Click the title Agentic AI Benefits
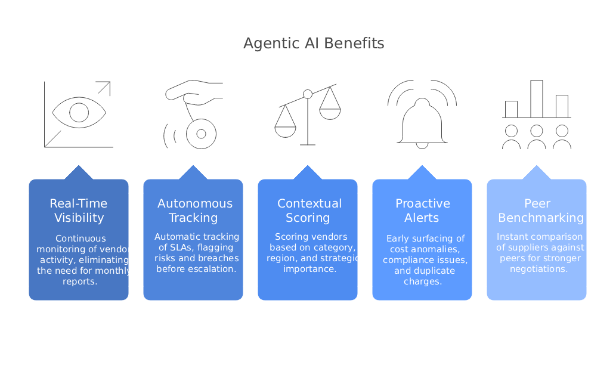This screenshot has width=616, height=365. (314, 44)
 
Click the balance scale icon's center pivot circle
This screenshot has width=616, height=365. (308, 94)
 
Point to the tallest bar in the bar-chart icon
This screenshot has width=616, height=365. (536, 98)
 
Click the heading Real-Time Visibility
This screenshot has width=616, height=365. (79, 211)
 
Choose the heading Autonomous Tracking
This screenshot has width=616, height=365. (193, 211)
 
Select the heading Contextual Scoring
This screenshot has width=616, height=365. (309, 211)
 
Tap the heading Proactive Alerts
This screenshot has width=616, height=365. (422, 211)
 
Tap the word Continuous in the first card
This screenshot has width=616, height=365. (81, 239)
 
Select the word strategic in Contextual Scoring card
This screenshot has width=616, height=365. (342, 258)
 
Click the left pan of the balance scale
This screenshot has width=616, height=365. (285, 130)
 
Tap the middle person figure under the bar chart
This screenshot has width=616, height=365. (536, 137)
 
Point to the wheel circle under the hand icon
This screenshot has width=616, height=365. (200, 134)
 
